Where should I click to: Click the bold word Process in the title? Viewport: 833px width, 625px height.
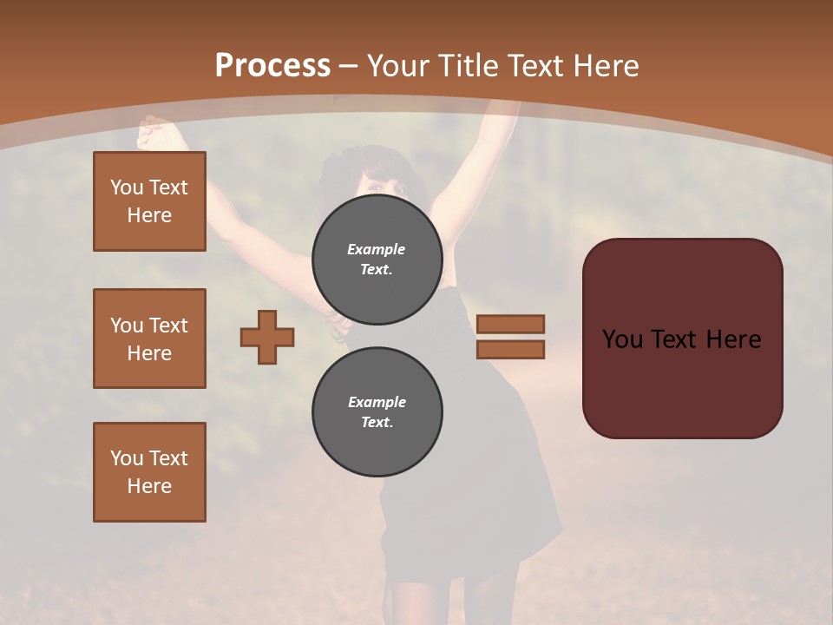click(x=272, y=66)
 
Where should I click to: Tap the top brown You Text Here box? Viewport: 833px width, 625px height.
click(x=149, y=201)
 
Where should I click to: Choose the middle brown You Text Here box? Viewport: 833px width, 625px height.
click(x=149, y=339)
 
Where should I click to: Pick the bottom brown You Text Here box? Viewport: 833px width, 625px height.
click(x=149, y=472)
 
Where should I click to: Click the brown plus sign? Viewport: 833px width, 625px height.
click(x=267, y=337)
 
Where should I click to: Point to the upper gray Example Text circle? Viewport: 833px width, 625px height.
click(x=377, y=259)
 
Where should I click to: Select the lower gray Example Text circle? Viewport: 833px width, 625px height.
click(x=377, y=411)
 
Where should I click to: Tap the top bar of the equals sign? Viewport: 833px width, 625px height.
click(x=510, y=324)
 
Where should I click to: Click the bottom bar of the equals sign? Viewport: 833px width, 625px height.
click(x=510, y=350)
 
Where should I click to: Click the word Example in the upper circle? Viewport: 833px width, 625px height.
click(x=377, y=249)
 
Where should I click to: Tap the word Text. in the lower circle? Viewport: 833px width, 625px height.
click(x=377, y=423)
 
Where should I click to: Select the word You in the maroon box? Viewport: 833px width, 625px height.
click(x=622, y=339)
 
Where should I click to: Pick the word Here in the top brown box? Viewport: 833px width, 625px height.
click(x=149, y=215)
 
